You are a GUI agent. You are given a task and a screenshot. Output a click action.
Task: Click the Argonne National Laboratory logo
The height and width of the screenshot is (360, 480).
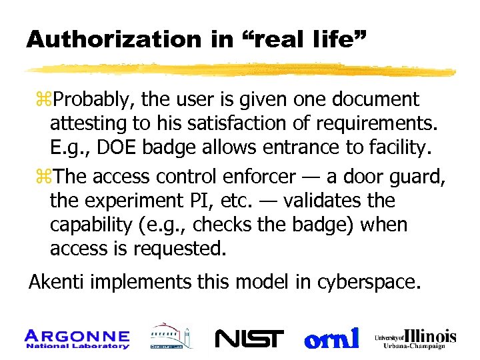(77, 338)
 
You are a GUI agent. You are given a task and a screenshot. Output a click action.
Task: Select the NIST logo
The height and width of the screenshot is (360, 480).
(249, 339)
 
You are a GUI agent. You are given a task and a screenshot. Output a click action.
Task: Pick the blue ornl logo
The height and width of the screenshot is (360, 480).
(331, 338)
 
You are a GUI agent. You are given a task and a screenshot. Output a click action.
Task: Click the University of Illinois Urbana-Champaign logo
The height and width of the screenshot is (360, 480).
(415, 338)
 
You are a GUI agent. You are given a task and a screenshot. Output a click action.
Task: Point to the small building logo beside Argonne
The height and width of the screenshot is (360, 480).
(170, 337)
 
